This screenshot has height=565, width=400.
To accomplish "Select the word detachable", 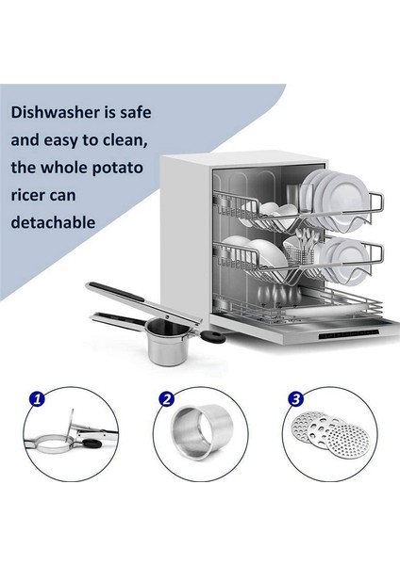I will click(54, 223).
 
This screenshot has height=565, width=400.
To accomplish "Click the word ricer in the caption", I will click(31, 195).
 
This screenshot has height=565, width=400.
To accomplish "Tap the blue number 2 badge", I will click(167, 399).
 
